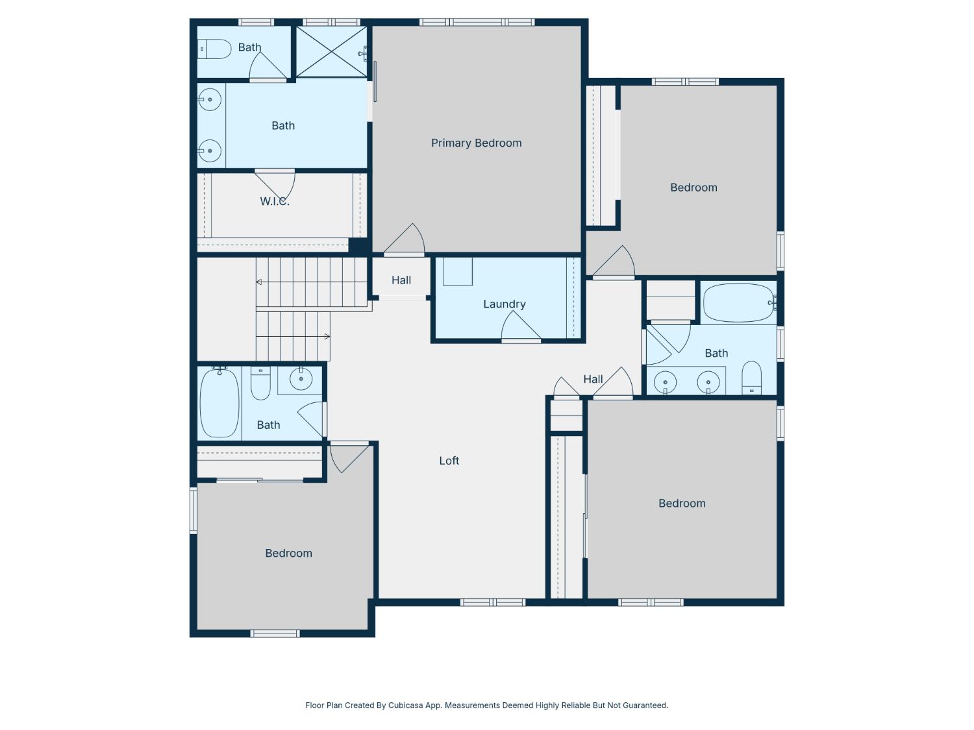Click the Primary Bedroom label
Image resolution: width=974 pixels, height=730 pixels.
click(x=476, y=143)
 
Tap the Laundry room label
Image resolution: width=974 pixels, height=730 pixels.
click(x=504, y=304)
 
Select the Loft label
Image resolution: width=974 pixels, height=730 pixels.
click(x=449, y=461)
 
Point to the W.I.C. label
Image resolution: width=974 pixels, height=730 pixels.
click(x=275, y=202)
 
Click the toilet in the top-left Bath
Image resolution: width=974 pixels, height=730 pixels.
click(x=214, y=49)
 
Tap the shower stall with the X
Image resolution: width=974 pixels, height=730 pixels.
click(x=331, y=52)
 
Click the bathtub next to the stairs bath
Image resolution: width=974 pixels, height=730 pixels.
click(x=219, y=404)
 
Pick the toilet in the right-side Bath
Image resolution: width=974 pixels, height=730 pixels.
click(x=751, y=378)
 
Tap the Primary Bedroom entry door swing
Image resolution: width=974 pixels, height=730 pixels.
click(x=404, y=239)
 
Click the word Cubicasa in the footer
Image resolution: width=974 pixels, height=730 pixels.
click(x=405, y=705)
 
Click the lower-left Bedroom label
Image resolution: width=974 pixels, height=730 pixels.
click(x=288, y=553)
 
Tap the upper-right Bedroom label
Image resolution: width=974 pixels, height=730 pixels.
click(x=693, y=188)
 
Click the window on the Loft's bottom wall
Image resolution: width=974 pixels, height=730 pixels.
click(x=493, y=602)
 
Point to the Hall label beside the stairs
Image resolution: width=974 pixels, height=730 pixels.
click(x=401, y=280)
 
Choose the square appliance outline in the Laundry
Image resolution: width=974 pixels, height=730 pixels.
click(x=458, y=272)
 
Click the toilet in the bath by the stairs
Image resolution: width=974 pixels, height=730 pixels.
click(x=260, y=383)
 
